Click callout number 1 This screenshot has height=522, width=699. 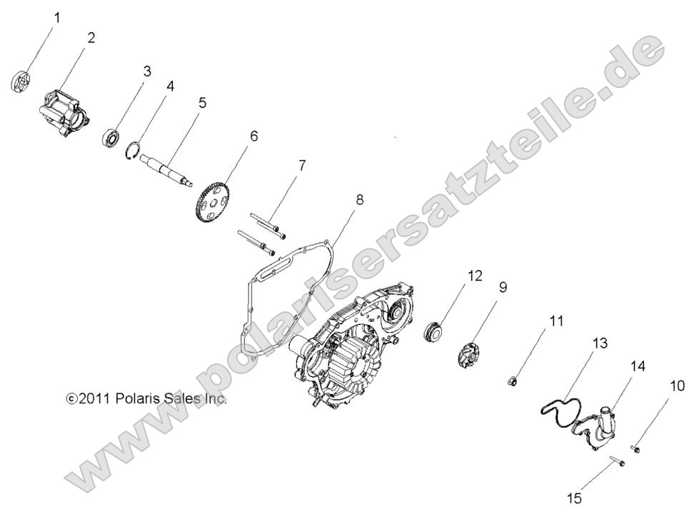[x=58, y=15]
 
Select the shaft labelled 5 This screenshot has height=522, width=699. [x=166, y=167]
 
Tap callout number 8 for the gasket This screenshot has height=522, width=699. [x=360, y=199]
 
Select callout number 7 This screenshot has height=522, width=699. [x=302, y=166]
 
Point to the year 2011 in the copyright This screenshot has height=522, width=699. [x=94, y=398]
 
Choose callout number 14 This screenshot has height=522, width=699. [x=638, y=366]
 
